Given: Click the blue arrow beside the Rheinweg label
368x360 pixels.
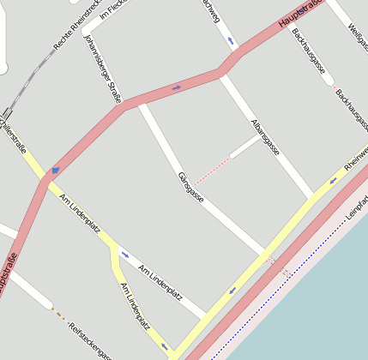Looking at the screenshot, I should tap(332, 181).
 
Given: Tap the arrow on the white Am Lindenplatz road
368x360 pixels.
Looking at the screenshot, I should tap(125, 255).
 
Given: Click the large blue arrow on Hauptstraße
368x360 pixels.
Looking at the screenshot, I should tap(55, 170).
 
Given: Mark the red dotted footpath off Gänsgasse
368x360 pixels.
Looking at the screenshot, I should tap(211, 171).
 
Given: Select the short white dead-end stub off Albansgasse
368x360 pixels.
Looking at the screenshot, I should tap(244, 147).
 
